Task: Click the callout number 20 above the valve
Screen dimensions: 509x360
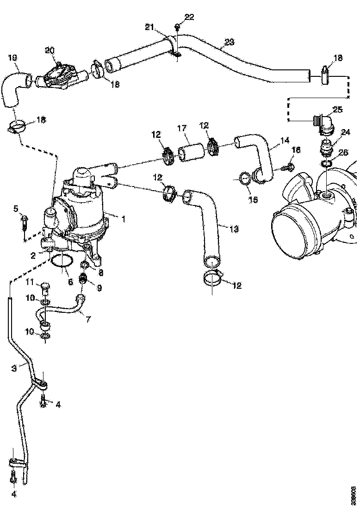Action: pos(50,50)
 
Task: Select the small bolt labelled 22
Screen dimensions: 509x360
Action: pos(178,27)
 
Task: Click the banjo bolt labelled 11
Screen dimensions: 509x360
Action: pos(45,287)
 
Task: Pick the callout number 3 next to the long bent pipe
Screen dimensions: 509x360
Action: pos(14,368)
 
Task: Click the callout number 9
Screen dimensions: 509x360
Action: pos(98,287)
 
